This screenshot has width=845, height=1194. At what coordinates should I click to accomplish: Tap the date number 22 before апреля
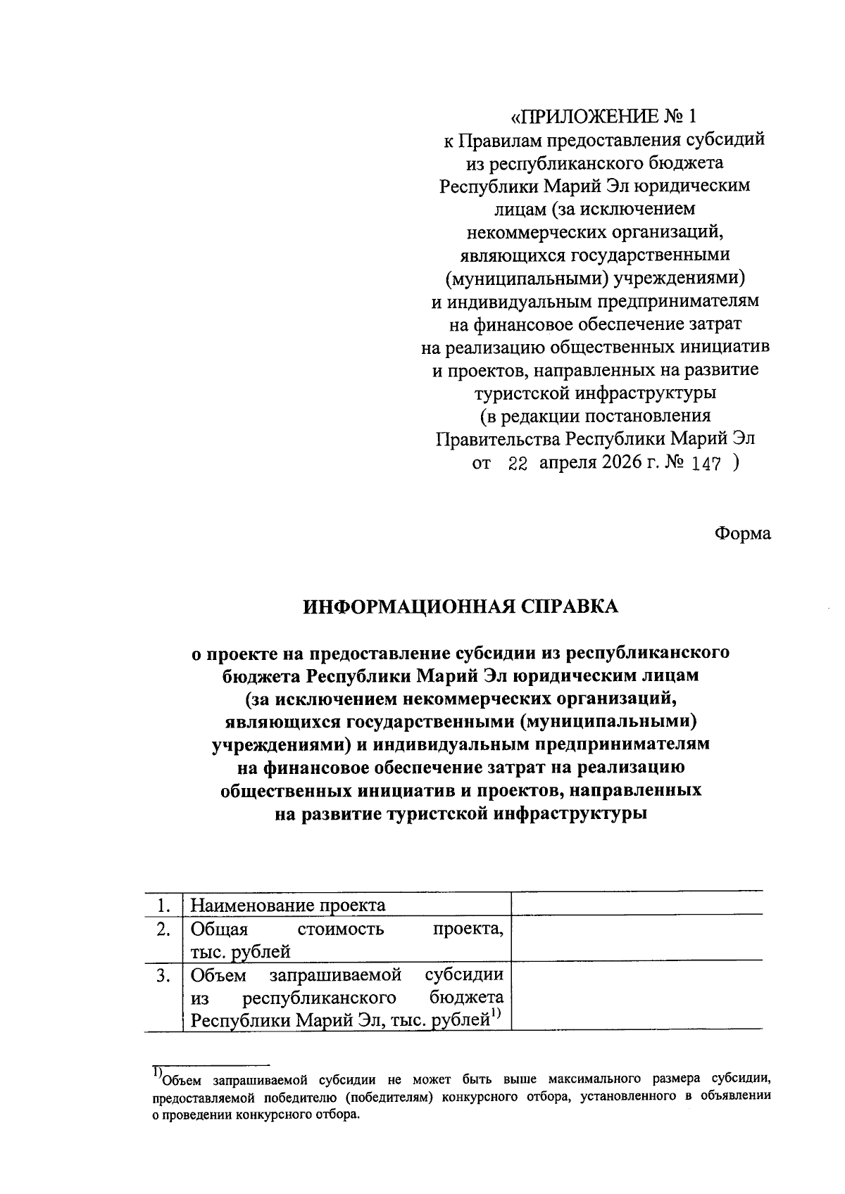(x=518, y=464)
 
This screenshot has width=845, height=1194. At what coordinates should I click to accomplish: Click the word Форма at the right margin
(x=743, y=533)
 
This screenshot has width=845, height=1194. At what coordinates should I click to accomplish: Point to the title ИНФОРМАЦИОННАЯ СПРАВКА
(x=461, y=606)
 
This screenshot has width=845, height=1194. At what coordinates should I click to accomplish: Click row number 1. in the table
(x=163, y=905)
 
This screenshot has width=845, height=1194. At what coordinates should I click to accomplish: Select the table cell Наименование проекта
(x=289, y=905)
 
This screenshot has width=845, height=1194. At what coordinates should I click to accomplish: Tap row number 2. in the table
(x=163, y=930)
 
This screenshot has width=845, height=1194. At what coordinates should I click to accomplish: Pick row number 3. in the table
(x=163, y=976)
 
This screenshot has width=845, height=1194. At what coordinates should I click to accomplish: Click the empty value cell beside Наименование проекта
(x=637, y=903)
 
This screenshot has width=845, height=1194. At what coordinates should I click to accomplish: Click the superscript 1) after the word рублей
(x=495, y=1014)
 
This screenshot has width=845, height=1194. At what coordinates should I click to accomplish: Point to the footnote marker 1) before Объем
(x=157, y=1072)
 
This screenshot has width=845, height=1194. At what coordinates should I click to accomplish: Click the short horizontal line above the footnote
(x=211, y=1065)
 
